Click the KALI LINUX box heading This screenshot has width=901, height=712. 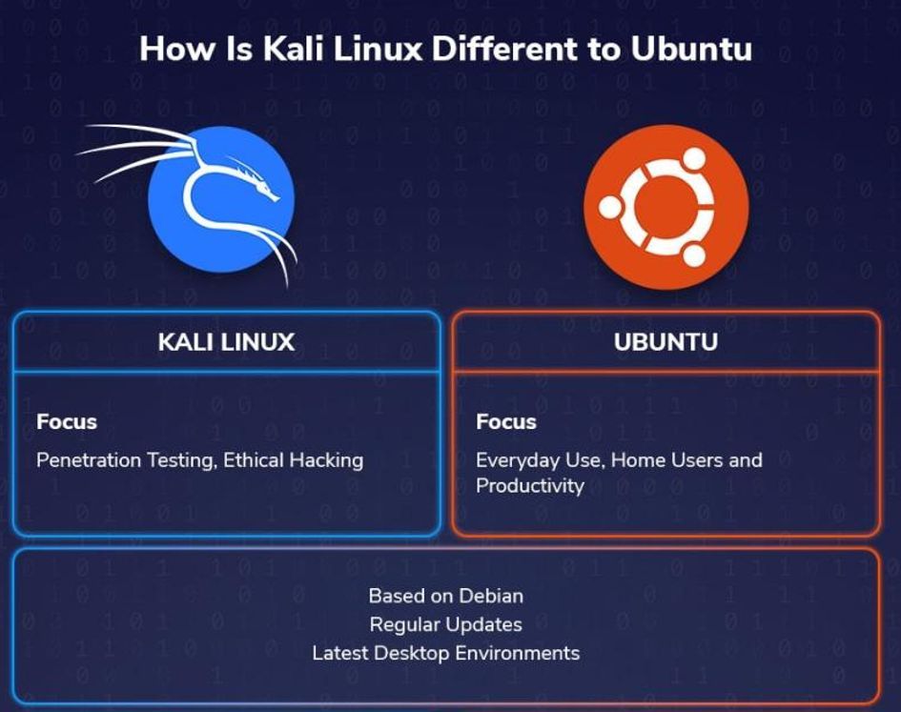[x=226, y=342]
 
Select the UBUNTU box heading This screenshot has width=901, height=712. [x=666, y=342]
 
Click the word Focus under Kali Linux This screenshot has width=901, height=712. [x=67, y=421]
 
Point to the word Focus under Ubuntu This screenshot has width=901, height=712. [x=506, y=421]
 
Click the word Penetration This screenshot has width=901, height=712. [x=88, y=460]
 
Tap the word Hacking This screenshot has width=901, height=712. [x=326, y=460]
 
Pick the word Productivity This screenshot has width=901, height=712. [x=530, y=486]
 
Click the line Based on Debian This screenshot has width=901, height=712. [x=445, y=596]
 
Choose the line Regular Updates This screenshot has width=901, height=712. [x=445, y=624]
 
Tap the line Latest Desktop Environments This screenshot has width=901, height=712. [x=445, y=653]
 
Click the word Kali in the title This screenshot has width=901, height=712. [x=287, y=49]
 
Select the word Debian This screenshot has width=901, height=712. [x=491, y=596]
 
